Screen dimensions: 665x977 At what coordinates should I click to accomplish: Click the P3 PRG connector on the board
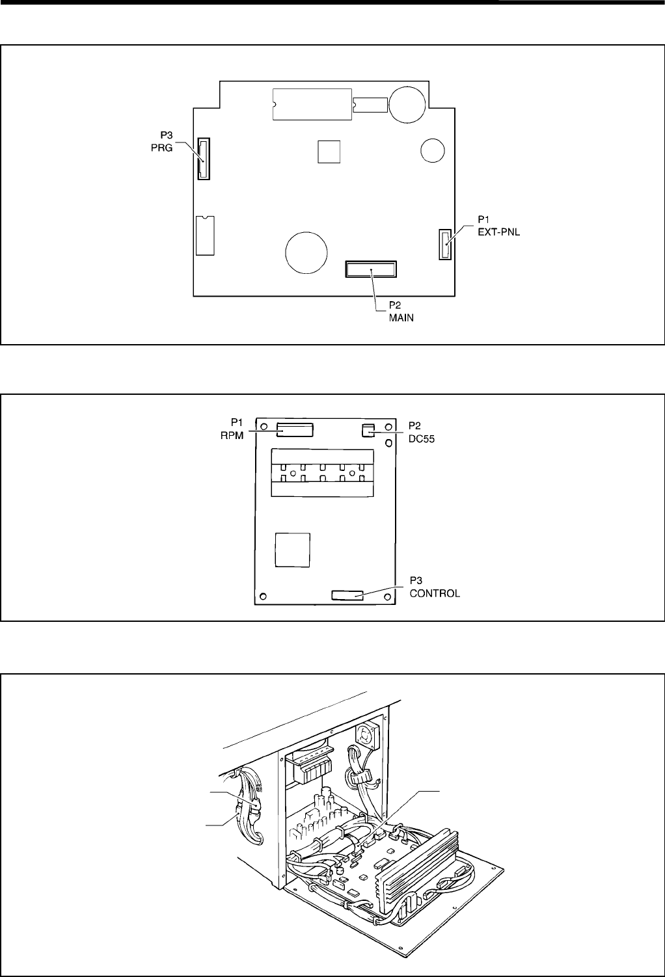point(204,159)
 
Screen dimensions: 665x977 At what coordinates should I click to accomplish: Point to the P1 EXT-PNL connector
point(445,245)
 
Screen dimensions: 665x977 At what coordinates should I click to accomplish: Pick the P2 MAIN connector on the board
point(371,269)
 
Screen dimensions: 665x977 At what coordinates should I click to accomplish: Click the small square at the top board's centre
point(329,151)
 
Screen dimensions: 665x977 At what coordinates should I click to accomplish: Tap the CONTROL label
point(434,593)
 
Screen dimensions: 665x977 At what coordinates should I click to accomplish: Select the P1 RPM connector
point(295,429)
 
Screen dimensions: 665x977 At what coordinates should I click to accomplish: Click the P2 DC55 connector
point(368,429)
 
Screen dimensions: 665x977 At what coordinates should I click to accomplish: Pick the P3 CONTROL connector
point(347,595)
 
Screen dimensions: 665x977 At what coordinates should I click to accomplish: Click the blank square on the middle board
point(292,550)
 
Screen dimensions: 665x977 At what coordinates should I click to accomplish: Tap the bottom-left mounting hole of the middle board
point(263,595)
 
